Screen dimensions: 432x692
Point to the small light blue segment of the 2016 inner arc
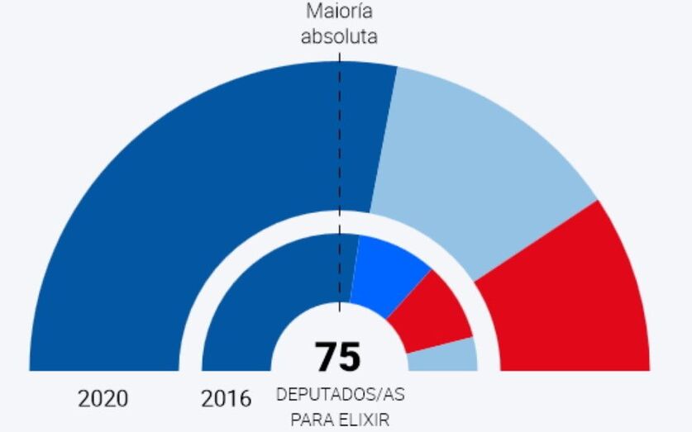coord(443,356)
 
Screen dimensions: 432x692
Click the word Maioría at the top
coord(339,12)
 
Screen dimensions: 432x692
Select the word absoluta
coord(339,36)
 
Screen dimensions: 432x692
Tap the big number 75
coord(338,358)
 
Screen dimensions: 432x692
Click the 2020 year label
coord(103,399)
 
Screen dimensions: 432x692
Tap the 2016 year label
coord(226,399)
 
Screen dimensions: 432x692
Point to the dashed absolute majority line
coord(340,165)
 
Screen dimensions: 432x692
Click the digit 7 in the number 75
coord(326,358)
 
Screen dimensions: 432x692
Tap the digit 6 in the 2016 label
coord(244,399)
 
